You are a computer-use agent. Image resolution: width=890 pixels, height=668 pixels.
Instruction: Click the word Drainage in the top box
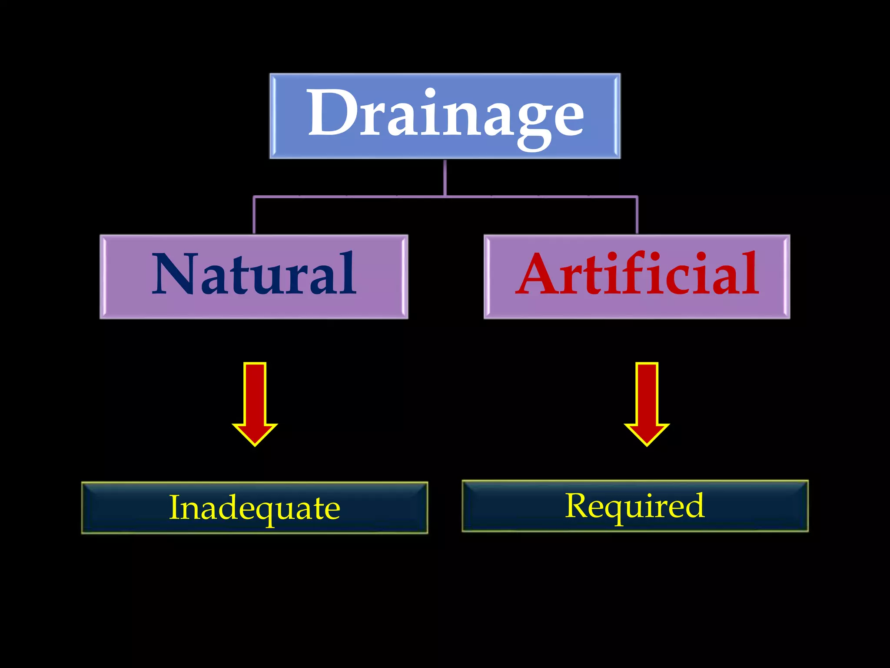tap(445, 114)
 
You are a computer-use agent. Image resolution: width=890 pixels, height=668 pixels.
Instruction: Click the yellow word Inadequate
tap(254, 508)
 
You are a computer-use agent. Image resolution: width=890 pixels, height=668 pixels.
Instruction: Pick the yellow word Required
tap(634, 505)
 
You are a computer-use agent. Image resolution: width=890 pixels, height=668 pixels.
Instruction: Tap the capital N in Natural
tap(174, 274)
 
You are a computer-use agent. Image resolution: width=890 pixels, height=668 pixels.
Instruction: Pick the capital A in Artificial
tap(539, 274)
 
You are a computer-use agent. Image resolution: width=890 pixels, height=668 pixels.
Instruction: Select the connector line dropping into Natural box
tap(254, 215)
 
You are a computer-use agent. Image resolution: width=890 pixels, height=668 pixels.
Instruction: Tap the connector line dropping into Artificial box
tap(637, 215)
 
